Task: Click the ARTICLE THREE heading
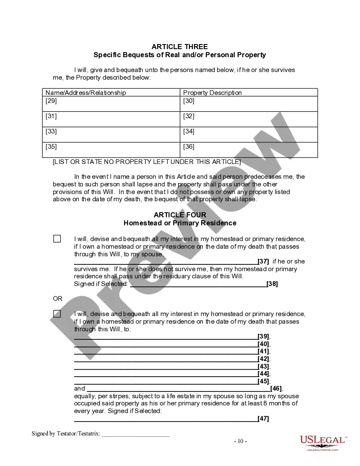click(180, 47)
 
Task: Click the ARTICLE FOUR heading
click(180, 215)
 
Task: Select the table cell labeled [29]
click(111, 104)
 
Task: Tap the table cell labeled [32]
click(249, 119)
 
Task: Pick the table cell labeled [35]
click(111, 150)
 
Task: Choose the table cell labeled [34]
click(249, 134)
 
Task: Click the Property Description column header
click(212, 92)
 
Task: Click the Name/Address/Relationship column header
click(86, 92)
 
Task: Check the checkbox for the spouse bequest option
click(57, 239)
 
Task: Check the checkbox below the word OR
click(57, 314)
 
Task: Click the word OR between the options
click(58, 299)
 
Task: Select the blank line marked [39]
click(166, 337)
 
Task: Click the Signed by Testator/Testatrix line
click(135, 434)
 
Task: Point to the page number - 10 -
click(241, 441)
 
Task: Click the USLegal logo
click(322, 442)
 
